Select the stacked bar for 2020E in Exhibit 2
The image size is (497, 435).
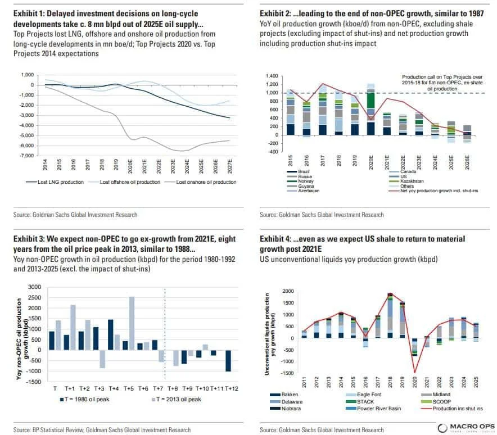(x=371, y=110)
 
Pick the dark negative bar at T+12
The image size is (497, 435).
(x=229, y=360)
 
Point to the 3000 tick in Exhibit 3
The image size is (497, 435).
(x=35, y=287)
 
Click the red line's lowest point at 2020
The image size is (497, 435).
(x=414, y=372)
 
